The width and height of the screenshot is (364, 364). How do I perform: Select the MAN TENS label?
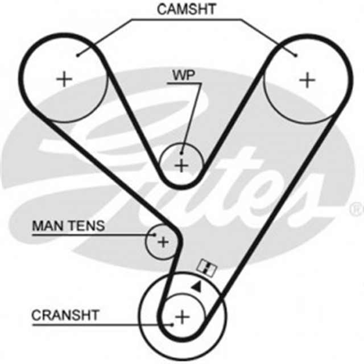pyautogui.click(x=68, y=226)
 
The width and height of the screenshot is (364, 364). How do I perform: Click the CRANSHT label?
pyautogui.click(x=66, y=315)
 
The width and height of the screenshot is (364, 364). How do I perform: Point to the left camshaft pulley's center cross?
pyautogui.click(x=65, y=78)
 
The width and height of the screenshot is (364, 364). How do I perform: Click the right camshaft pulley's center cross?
pyautogui.click(x=307, y=80)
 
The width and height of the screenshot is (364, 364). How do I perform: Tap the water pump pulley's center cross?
pyautogui.click(x=181, y=166)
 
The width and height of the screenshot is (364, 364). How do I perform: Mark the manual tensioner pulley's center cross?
pyautogui.click(x=163, y=243)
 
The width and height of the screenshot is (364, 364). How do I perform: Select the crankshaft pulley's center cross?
pyautogui.click(x=182, y=316)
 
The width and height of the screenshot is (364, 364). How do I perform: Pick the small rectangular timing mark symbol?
pyautogui.click(x=206, y=267)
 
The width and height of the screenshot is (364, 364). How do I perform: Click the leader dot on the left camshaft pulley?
pyautogui.click(x=78, y=55)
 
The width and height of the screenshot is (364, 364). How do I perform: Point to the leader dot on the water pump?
pyautogui.click(x=181, y=152)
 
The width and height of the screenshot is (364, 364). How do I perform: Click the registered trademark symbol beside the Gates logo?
pyautogui.click(x=358, y=210)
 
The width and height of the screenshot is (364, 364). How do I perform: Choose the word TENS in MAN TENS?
pyautogui.click(x=86, y=226)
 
